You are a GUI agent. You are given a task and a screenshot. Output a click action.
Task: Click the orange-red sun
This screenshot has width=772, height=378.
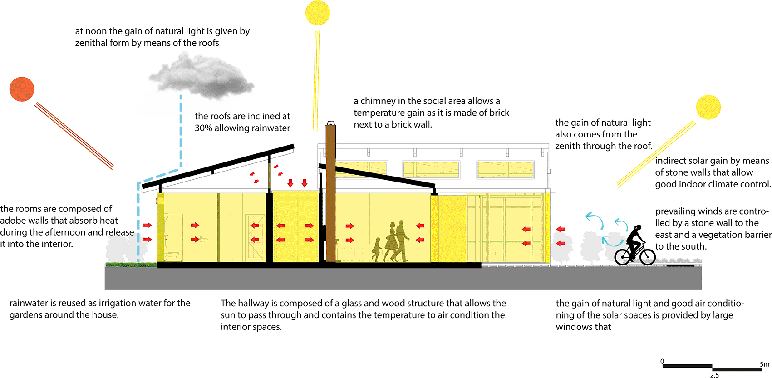22,89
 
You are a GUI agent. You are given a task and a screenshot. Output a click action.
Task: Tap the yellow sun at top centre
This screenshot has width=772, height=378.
318,13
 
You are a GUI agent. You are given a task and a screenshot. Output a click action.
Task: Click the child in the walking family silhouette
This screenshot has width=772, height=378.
376,250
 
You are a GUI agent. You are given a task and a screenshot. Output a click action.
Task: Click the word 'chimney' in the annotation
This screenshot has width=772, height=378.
378,101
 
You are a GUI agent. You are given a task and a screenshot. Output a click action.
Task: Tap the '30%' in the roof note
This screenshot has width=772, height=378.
203,128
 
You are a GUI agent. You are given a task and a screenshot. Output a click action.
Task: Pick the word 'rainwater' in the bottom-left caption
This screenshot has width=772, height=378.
29,303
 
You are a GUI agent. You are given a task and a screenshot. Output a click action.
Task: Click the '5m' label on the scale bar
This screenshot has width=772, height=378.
764,364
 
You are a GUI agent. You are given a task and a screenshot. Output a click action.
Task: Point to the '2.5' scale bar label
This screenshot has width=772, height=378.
714,375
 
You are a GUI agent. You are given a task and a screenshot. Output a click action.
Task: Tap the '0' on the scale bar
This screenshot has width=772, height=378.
662,361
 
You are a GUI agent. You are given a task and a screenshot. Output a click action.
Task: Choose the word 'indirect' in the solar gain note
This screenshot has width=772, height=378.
670,161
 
